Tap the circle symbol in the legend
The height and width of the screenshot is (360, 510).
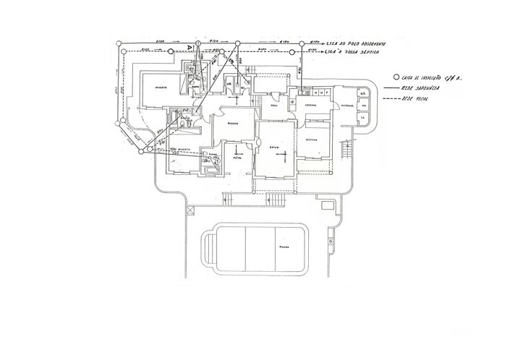click(395, 77)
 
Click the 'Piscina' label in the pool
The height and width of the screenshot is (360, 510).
click(285, 247)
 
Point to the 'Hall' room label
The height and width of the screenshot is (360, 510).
click(275, 106)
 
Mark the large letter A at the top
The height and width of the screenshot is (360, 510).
click(190, 47)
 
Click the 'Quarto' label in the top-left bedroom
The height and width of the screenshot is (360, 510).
click(161, 87)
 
